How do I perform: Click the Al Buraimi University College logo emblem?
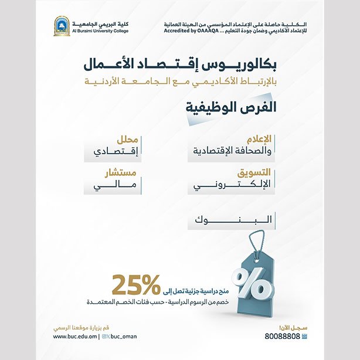[62, 26]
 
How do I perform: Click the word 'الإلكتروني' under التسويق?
[233, 186]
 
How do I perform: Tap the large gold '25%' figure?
[136, 284]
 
